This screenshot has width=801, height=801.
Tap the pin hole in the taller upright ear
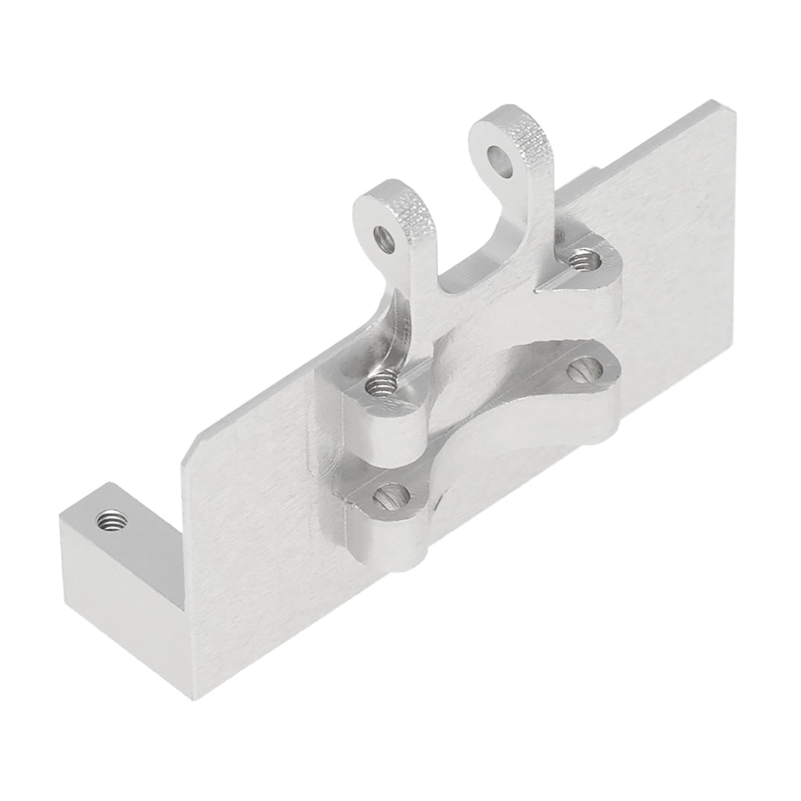click(x=499, y=157)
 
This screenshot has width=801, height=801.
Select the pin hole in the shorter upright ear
click(x=383, y=235)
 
